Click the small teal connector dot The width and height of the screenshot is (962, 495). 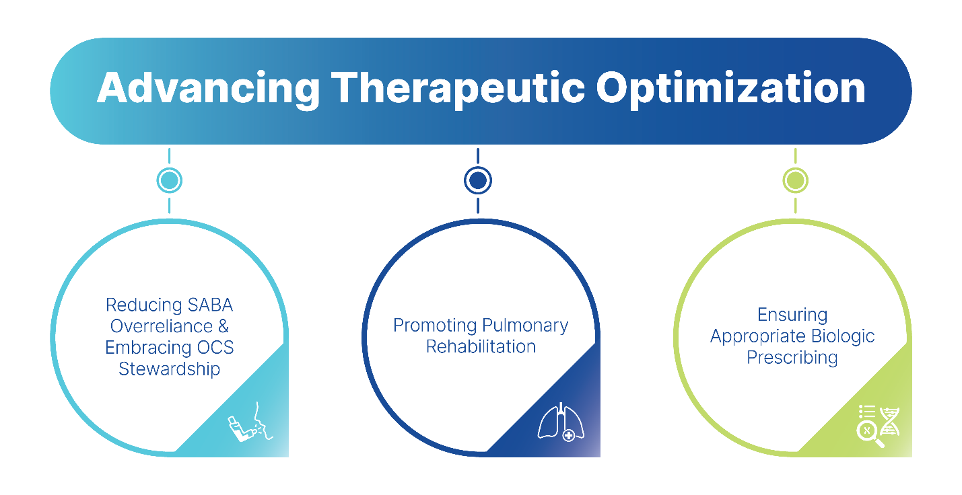pos(169,180)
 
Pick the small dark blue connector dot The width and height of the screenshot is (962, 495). pos(477,180)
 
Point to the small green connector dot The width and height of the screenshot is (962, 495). pos(795,180)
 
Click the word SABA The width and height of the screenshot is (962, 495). pos(207,305)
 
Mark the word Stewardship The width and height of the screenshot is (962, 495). pos(170,369)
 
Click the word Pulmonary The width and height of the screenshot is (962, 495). pos(525,326)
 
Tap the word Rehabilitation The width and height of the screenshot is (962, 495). pos(481,348)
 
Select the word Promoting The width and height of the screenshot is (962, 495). pos(435,326)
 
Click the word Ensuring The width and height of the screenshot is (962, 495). pos(792,315)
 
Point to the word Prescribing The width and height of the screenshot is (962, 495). pos(792,358)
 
